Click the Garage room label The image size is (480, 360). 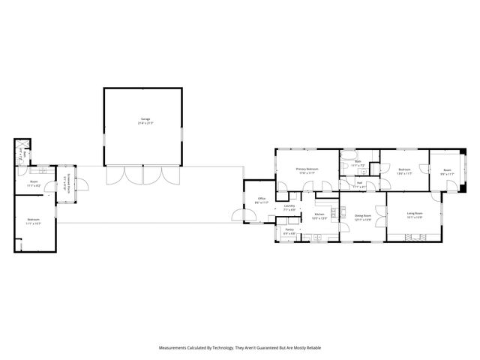(145, 121)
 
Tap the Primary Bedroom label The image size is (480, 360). (307, 170)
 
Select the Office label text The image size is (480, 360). (261, 200)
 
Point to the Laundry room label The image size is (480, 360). (289, 208)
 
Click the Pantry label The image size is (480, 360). (289, 232)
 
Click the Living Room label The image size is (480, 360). (415, 215)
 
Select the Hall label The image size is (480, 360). (359, 184)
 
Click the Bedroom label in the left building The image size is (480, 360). (34, 221)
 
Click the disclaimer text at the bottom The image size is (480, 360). (240, 348)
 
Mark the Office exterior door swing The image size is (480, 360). (241, 217)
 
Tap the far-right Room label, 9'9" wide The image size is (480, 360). (447, 172)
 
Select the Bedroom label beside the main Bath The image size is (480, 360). (403, 171)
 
